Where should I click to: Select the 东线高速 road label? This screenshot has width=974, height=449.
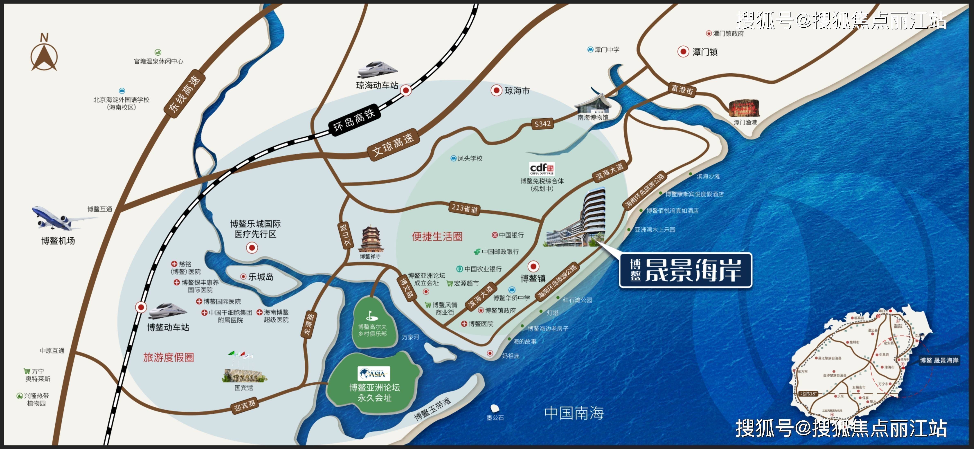pyautogui.click(x=185, y=94)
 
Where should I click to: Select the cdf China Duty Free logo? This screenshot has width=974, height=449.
pyautogui.click(x=542, y=168)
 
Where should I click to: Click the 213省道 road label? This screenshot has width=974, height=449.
pyautogui.click(x=465, y=208)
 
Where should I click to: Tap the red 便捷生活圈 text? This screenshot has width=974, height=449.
pyautogui.click(x=437, y=237)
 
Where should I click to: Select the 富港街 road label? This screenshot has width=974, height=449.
pyautogui.click(x=682, y=90)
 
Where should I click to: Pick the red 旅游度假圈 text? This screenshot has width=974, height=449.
pyautogui.click(x=169, y=357)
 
